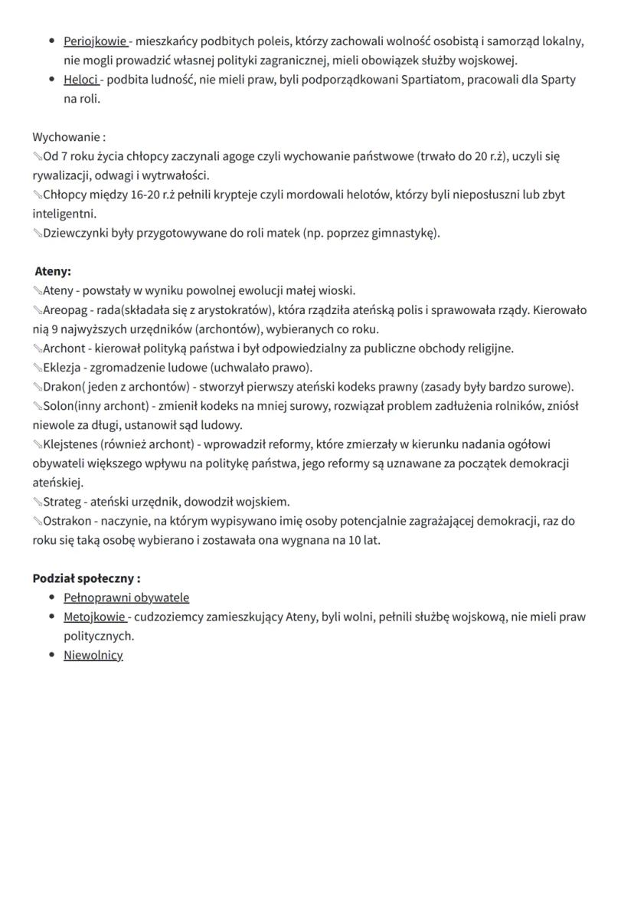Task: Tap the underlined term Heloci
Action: [x=80, y=80]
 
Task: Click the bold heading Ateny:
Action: [x=53, y=271]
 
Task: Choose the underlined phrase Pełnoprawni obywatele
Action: [x=126, y=597]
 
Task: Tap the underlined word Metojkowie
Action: [x=94, y=617]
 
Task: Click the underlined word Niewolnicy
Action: [x=93, y=655]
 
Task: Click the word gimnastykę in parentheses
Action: [x=402, y=233]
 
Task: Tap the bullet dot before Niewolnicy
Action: [x=51, y=655]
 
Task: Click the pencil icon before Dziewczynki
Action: [x=38, y=233]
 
